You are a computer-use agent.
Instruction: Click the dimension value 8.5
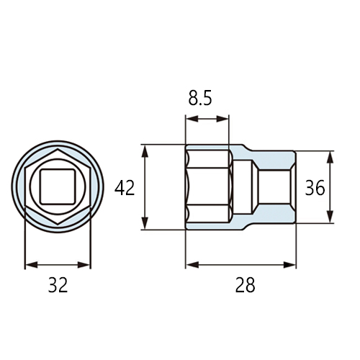click(x=200, y=99)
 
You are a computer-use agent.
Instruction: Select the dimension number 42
click(x=125, y=188)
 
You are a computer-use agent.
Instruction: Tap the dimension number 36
click(x=315, y=188)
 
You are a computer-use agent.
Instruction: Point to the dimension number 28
click(x=245, y=285)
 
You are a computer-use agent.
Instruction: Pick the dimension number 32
click(x=58, y=285)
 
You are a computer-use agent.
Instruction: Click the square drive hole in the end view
click(x=58, y=186)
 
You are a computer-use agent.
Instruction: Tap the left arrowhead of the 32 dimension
click(x=32, y=265)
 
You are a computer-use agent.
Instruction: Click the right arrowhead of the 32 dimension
click(x=84, y=265)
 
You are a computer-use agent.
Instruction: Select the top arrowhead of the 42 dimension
click(x=145, y=151)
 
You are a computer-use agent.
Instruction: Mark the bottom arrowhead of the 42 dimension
click(x=145, y=223)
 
